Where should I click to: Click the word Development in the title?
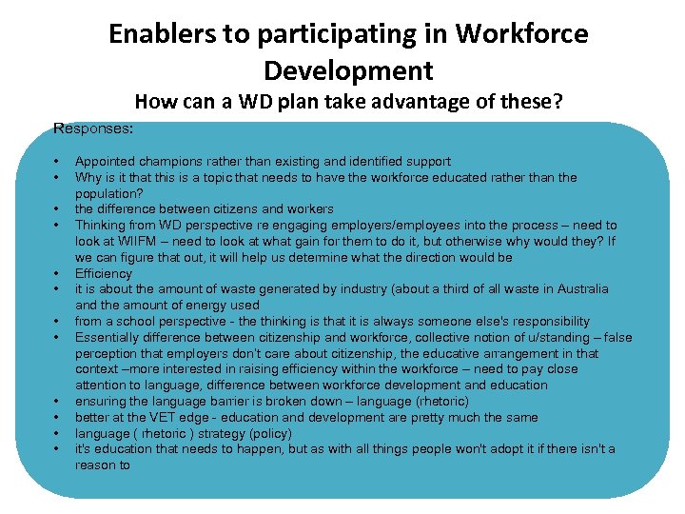click(x=348, y=71)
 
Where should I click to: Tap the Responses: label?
click(x=93, y=127)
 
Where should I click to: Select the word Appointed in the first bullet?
click(x=106, y=161)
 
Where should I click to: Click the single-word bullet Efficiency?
click(x=104, y=273)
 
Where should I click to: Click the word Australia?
click(x=580, y=288)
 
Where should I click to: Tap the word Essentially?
click(x=108, y=337)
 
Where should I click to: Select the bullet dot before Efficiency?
click(x=58, y=273)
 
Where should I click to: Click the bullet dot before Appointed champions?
click(x=58, y=161)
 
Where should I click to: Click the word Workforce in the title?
click(x=521, y=35)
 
